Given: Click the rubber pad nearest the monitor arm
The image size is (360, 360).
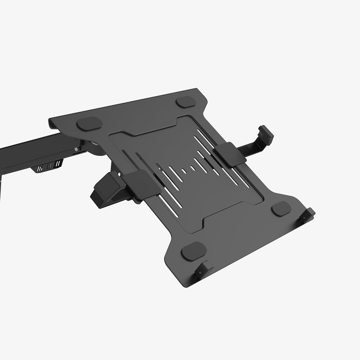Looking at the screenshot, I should [89, 123].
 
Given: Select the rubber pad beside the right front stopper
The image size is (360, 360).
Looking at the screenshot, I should [281, 208].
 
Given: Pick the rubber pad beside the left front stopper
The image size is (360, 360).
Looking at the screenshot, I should [194, 251].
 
